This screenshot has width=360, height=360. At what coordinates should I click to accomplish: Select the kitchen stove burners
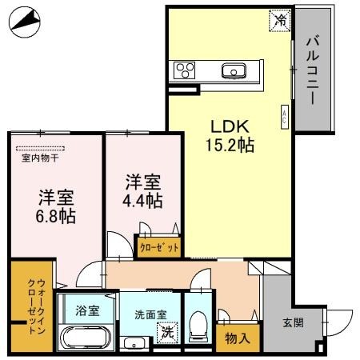(x=185, y=69)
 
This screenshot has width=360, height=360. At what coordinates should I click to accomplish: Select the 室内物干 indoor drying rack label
(x=40, y=158)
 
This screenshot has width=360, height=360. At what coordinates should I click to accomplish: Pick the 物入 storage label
(x=238, y=338)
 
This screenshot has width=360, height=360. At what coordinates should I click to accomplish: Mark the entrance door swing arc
(x=340, y=320)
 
